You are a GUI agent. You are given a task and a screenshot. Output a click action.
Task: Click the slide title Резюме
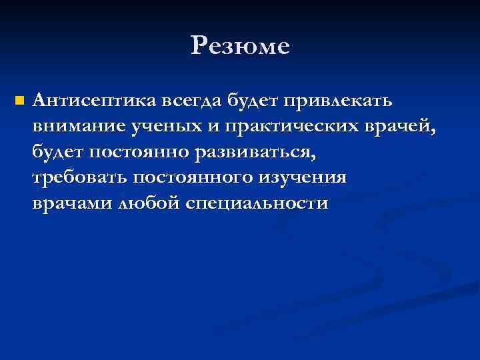click(x=240, y=46)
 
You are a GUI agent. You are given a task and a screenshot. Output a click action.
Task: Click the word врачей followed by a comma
click(x=400, y=127)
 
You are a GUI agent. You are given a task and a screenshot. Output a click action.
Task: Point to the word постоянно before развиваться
click(x=139, y=153)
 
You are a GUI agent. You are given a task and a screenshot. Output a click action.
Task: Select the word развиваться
click(x=255, y=153)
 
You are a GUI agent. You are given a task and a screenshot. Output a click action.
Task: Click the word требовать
click(x=79, y=179)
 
